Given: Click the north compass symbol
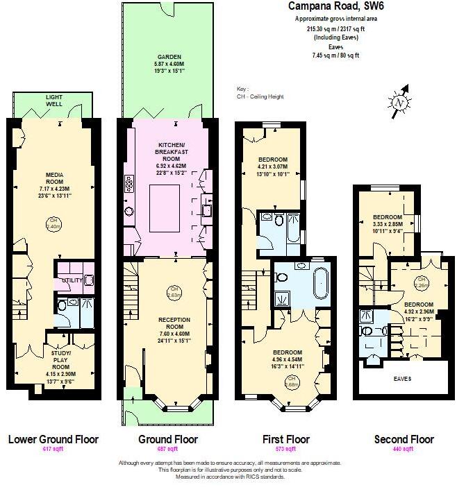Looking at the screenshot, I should click(x=399, y=101).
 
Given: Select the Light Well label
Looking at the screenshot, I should click(x=53, y=101).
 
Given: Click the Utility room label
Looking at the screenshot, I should click(x=71, y=281).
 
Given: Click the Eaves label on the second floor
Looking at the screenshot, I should click(x=403, y=379).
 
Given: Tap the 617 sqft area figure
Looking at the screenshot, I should click(x=53, y=450).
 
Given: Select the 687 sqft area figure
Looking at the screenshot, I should click(x=168, y=450).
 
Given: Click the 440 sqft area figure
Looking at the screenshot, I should click(x=404, y=450).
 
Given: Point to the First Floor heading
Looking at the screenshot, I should click(x=285, y=439).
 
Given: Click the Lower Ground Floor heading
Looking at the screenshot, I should click(x=53, y=439).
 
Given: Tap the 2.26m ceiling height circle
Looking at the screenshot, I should click(x=402, y=280).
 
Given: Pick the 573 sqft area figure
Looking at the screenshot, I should click(x=285, y=450).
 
